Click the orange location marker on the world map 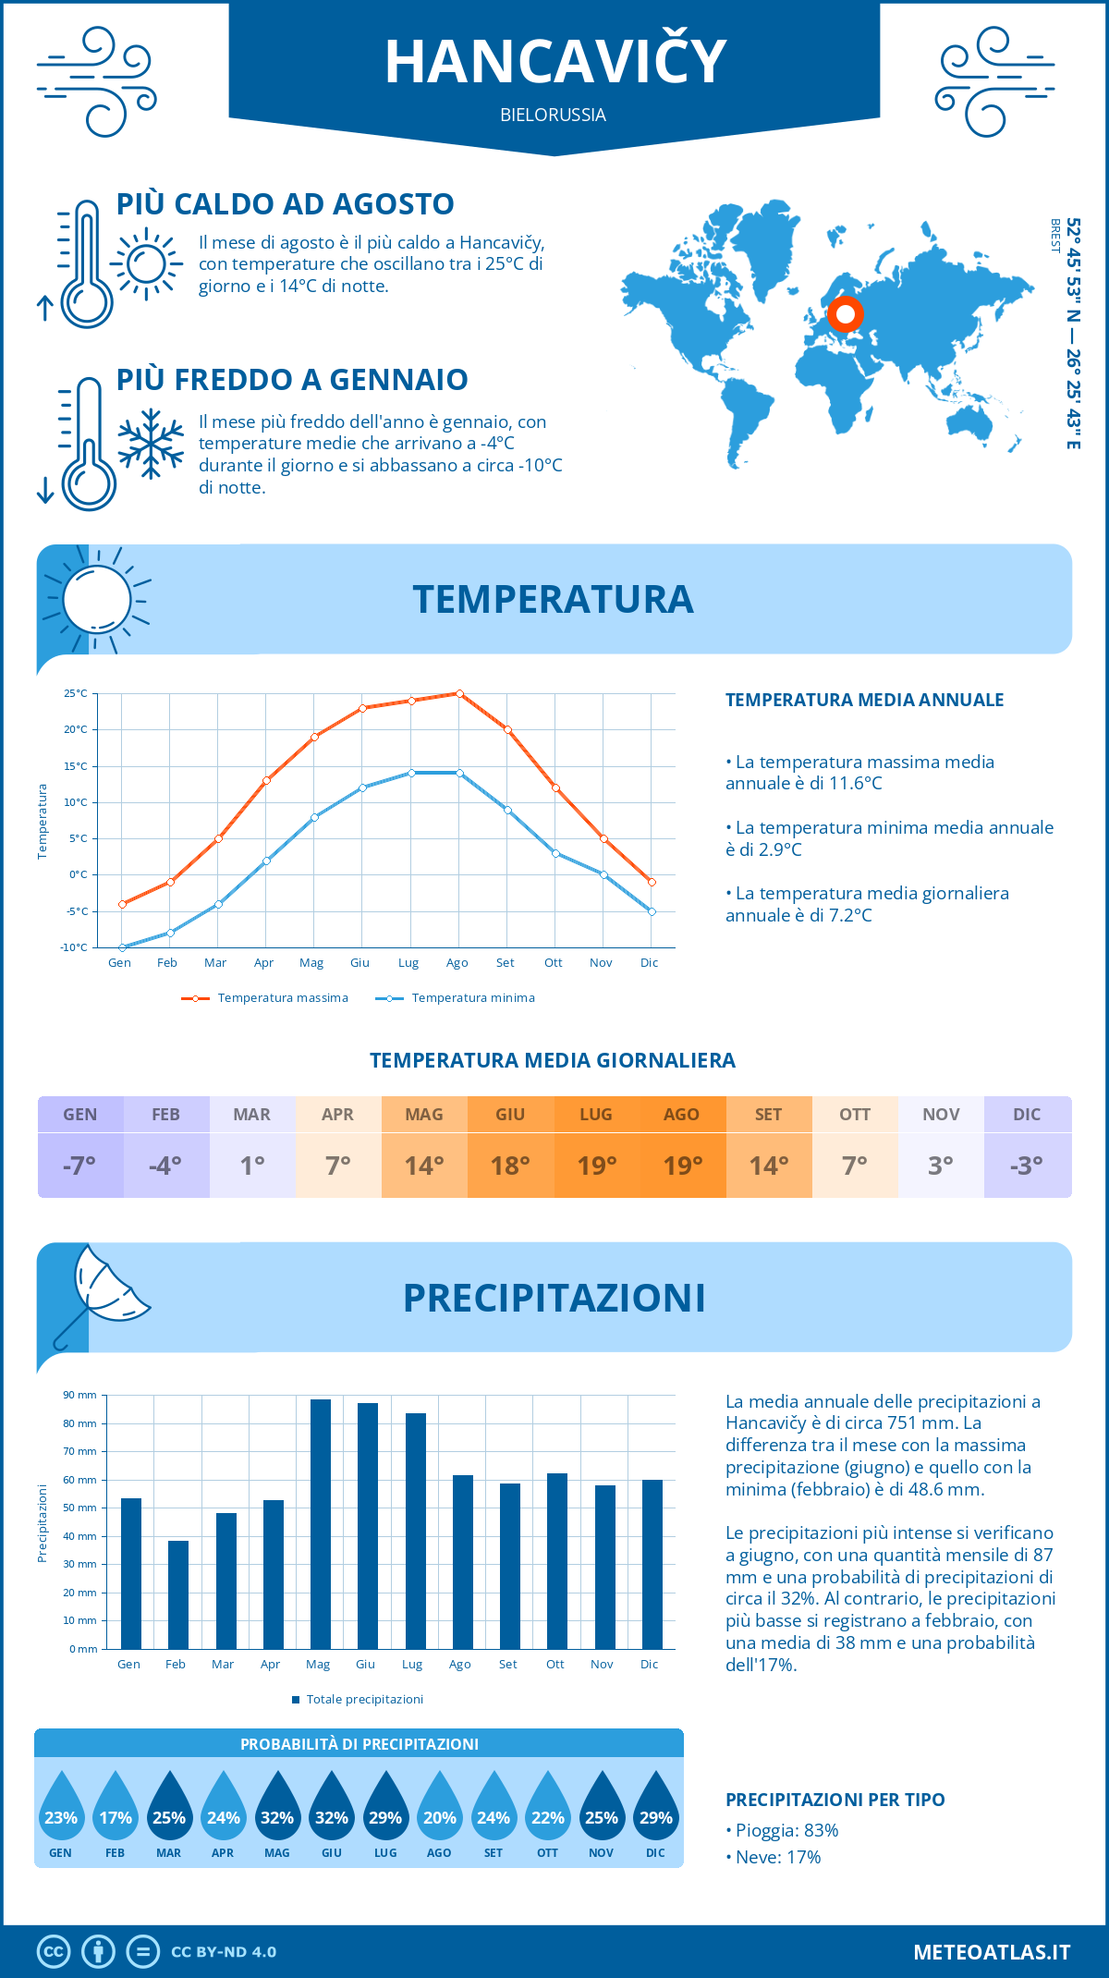tap(845, 314)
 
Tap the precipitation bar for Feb tap(177, 1594)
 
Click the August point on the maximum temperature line tap(459, 693)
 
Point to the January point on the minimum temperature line tap(122, 947)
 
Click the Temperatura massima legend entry tap(265, 998)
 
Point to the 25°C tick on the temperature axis tap(76, 693)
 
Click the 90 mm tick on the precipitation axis tap(80, 1395)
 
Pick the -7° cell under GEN tap(80, 1166)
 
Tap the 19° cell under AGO tap(683, 1166)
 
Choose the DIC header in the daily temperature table tap(1027, 1115)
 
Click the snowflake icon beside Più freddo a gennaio tap(151, 444)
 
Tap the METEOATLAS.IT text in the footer tap(992, 1952)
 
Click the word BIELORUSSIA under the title tap(554, 116)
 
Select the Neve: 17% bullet tap(777, 1857)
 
